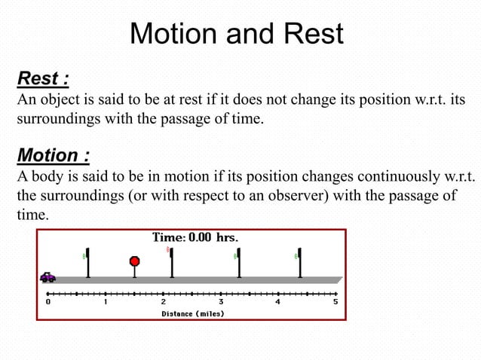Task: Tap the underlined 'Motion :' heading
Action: [x=54, y=156]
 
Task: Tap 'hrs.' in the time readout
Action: [x=228, y=237]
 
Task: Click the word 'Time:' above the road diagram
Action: [x=169, y=237]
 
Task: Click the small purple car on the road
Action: [x=47, y=276]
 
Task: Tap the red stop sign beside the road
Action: [x=135, y=261]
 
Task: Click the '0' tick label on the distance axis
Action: [x=48, y=302]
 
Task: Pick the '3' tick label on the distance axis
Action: [x=221, y=302]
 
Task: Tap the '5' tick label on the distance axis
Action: [x=335, y=302]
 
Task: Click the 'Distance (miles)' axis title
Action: [x=192, y=313]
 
